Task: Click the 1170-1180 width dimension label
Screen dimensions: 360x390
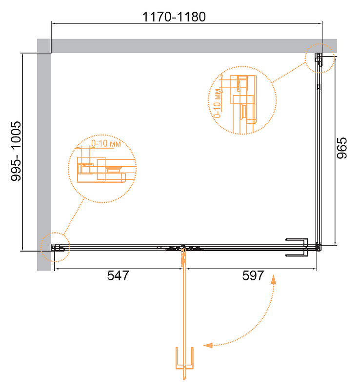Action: (x=174, y=17)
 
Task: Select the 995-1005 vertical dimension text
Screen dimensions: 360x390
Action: (x=16, y=151)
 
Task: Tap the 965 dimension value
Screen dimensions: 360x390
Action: (x=341, y=148)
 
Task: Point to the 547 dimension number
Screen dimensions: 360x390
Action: (x=118, y=275)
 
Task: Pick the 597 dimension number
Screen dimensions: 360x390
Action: (x=253, y=275)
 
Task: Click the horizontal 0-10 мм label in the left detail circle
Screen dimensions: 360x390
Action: (x=106, y=143)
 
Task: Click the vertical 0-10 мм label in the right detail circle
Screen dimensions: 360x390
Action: (x=218, y=103)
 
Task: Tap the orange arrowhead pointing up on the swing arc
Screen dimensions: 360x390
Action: (x=273, y=279)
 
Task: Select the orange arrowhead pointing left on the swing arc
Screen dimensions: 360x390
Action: (x=208, y=345)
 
